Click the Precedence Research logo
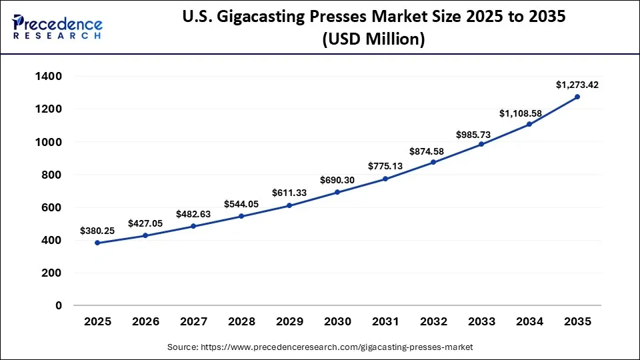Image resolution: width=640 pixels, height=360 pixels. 57,27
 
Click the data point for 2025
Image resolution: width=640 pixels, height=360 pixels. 97,243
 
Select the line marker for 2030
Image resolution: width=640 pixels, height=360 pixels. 337,192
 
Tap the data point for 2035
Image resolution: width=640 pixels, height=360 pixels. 577,97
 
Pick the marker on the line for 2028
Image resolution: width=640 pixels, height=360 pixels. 241,216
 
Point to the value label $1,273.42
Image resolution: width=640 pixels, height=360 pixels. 577,85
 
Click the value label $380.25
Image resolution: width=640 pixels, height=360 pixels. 97,231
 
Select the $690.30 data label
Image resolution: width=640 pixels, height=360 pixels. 337,180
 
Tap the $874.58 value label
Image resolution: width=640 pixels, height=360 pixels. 433,150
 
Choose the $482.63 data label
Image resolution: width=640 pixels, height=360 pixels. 193,214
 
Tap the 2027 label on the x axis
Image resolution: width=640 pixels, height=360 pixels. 193,322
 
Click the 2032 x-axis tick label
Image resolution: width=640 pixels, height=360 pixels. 433,322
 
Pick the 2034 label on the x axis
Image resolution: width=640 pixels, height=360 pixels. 529,322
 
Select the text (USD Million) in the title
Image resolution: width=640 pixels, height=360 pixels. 373,39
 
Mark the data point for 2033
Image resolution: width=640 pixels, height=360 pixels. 481,144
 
